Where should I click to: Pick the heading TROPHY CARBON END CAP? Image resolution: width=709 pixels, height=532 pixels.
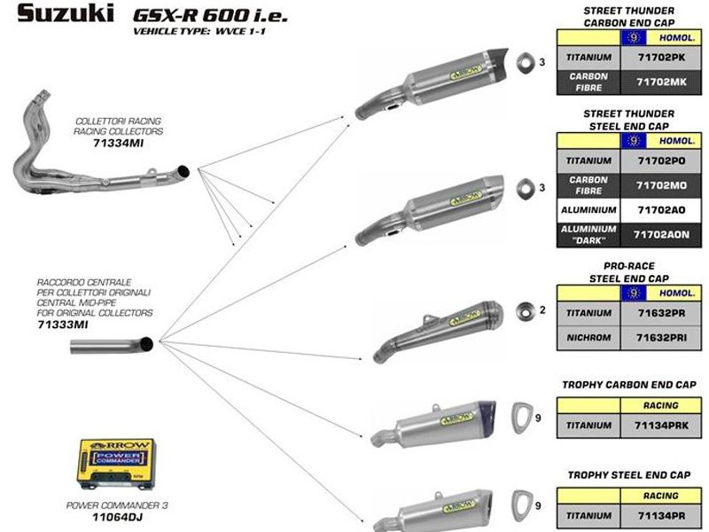point(628,385)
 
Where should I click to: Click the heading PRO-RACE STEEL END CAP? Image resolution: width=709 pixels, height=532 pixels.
point(628,270)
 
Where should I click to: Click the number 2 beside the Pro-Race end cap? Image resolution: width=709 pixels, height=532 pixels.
point(541,309)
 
